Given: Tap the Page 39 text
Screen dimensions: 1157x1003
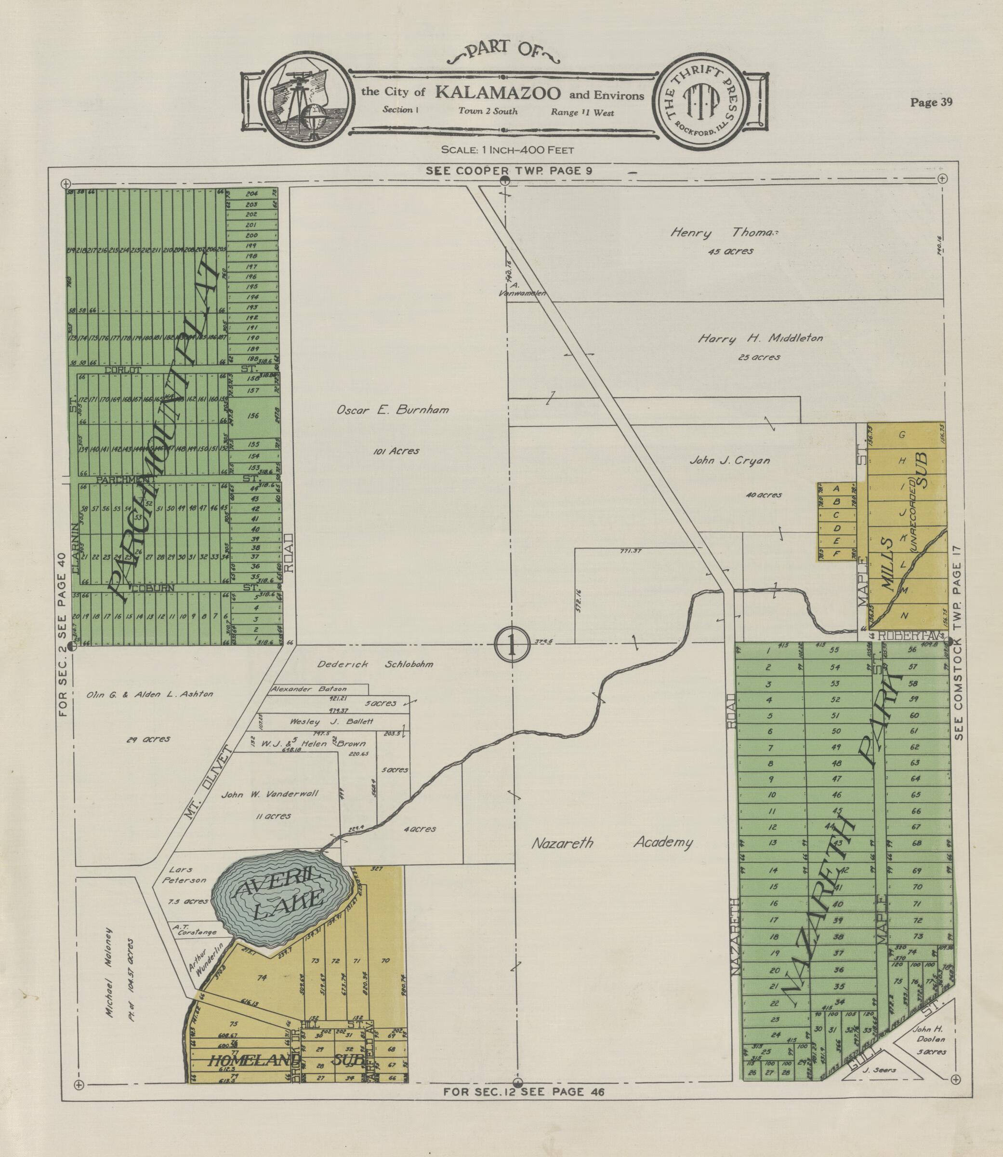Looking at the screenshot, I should tap(931, 102).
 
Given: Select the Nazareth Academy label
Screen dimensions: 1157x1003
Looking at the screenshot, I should tap(611, 842).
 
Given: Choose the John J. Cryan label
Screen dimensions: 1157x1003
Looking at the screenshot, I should tap(729, 460).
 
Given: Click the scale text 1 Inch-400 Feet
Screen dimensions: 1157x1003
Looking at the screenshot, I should tap(507, 149).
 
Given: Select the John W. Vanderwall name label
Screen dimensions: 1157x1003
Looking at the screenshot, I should tap(270, 794).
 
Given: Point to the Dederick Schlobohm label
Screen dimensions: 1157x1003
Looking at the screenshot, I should tap(375, 664).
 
